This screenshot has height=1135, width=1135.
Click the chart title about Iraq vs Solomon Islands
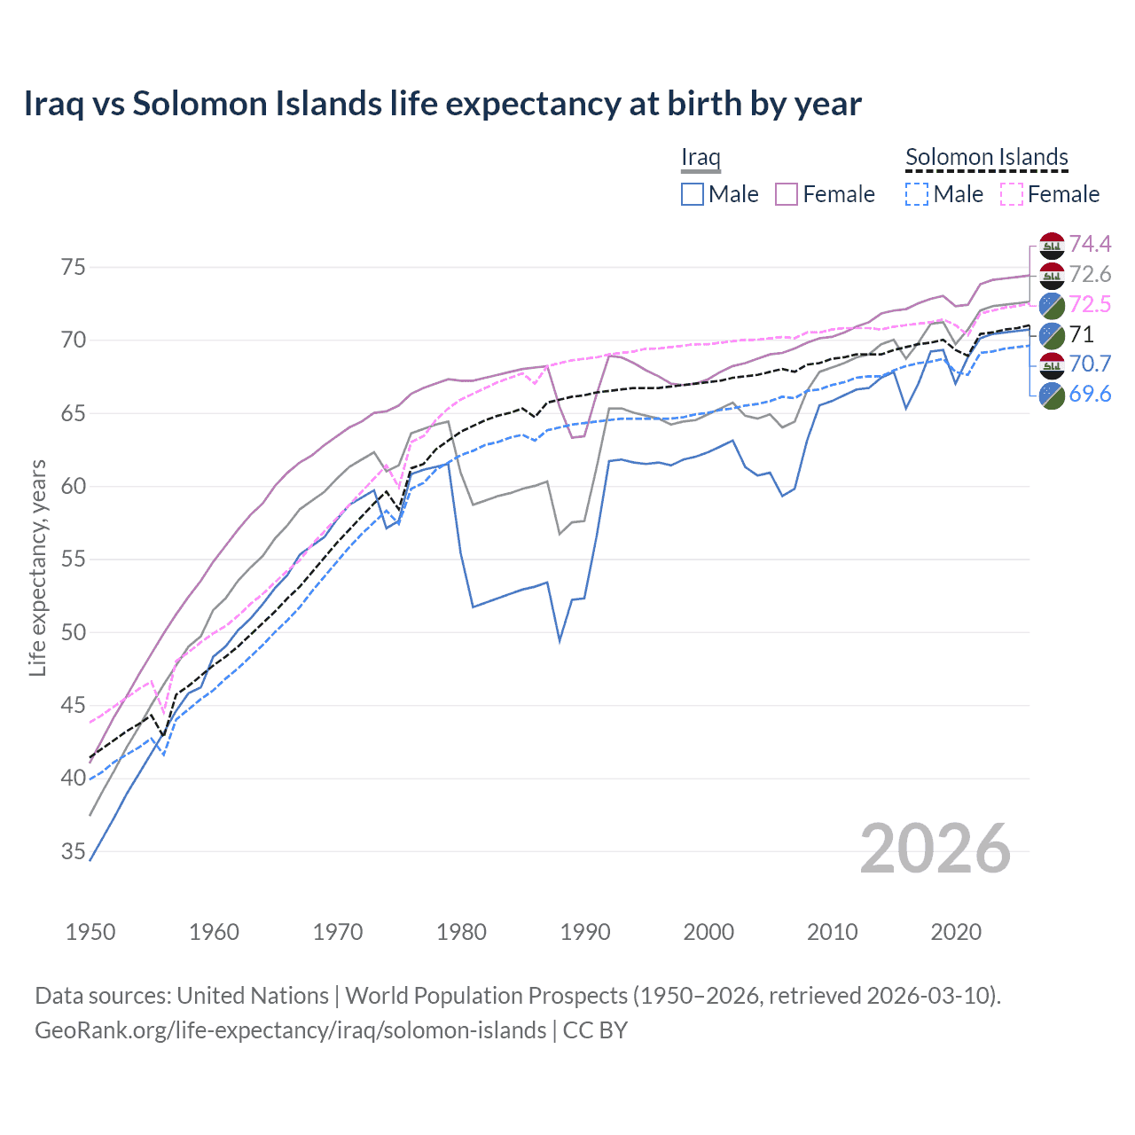[442, 104]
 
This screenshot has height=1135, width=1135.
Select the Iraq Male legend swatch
[693, 194]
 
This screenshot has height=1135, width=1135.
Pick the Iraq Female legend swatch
[787, 194]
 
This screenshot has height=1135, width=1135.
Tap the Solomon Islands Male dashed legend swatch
[917, 194]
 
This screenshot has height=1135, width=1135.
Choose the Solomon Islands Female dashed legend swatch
[1011, 194]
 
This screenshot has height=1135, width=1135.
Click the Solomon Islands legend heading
[986, 157]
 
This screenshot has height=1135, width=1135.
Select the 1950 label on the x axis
[90, 932]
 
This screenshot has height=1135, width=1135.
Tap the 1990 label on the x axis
[585, 932]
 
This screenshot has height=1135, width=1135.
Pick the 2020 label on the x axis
[956, 932]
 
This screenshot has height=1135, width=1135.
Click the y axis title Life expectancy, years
[38, 567]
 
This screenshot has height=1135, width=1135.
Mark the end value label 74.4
[1090, 244]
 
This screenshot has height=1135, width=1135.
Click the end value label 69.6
[1090, 395]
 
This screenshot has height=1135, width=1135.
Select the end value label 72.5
[1090, 304]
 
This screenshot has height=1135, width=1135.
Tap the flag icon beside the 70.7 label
[1052, 364]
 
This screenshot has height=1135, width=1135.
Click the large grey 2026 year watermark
[935, 849]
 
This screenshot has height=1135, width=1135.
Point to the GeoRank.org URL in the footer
[291, 1030]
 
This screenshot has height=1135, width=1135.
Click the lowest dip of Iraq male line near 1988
[560, 640]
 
